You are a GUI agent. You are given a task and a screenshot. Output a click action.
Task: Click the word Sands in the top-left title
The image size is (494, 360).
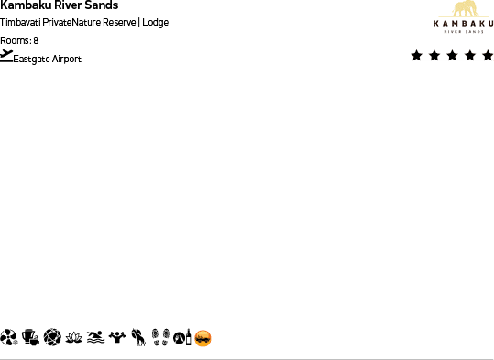point(102,5)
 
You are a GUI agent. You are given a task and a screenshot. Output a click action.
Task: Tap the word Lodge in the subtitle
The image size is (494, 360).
point(156,22)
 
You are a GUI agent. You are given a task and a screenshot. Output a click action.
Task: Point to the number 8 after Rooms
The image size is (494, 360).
point(36,40)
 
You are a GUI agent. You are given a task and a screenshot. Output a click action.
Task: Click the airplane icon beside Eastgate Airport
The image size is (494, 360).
point(7,56)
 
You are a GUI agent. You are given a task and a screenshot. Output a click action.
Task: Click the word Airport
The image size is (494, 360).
point(68,60)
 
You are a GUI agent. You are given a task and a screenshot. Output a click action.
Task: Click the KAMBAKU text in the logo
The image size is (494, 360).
point(457,24)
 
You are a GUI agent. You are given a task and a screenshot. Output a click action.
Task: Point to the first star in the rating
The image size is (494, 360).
point(417,56)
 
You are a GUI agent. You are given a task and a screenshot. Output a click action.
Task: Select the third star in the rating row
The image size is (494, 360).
point(452,56)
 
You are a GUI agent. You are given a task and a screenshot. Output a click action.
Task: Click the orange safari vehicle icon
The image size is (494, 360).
point(203,338)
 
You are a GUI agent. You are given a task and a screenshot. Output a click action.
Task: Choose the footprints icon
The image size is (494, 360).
point(160,338)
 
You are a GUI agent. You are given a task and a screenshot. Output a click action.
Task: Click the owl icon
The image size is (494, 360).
point(138,338)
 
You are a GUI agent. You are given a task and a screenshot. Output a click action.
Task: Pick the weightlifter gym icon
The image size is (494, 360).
point(116,338)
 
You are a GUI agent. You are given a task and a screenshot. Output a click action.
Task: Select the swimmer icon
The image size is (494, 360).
point(95,338)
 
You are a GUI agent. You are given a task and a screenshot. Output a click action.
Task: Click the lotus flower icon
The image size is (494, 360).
point(74,338)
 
